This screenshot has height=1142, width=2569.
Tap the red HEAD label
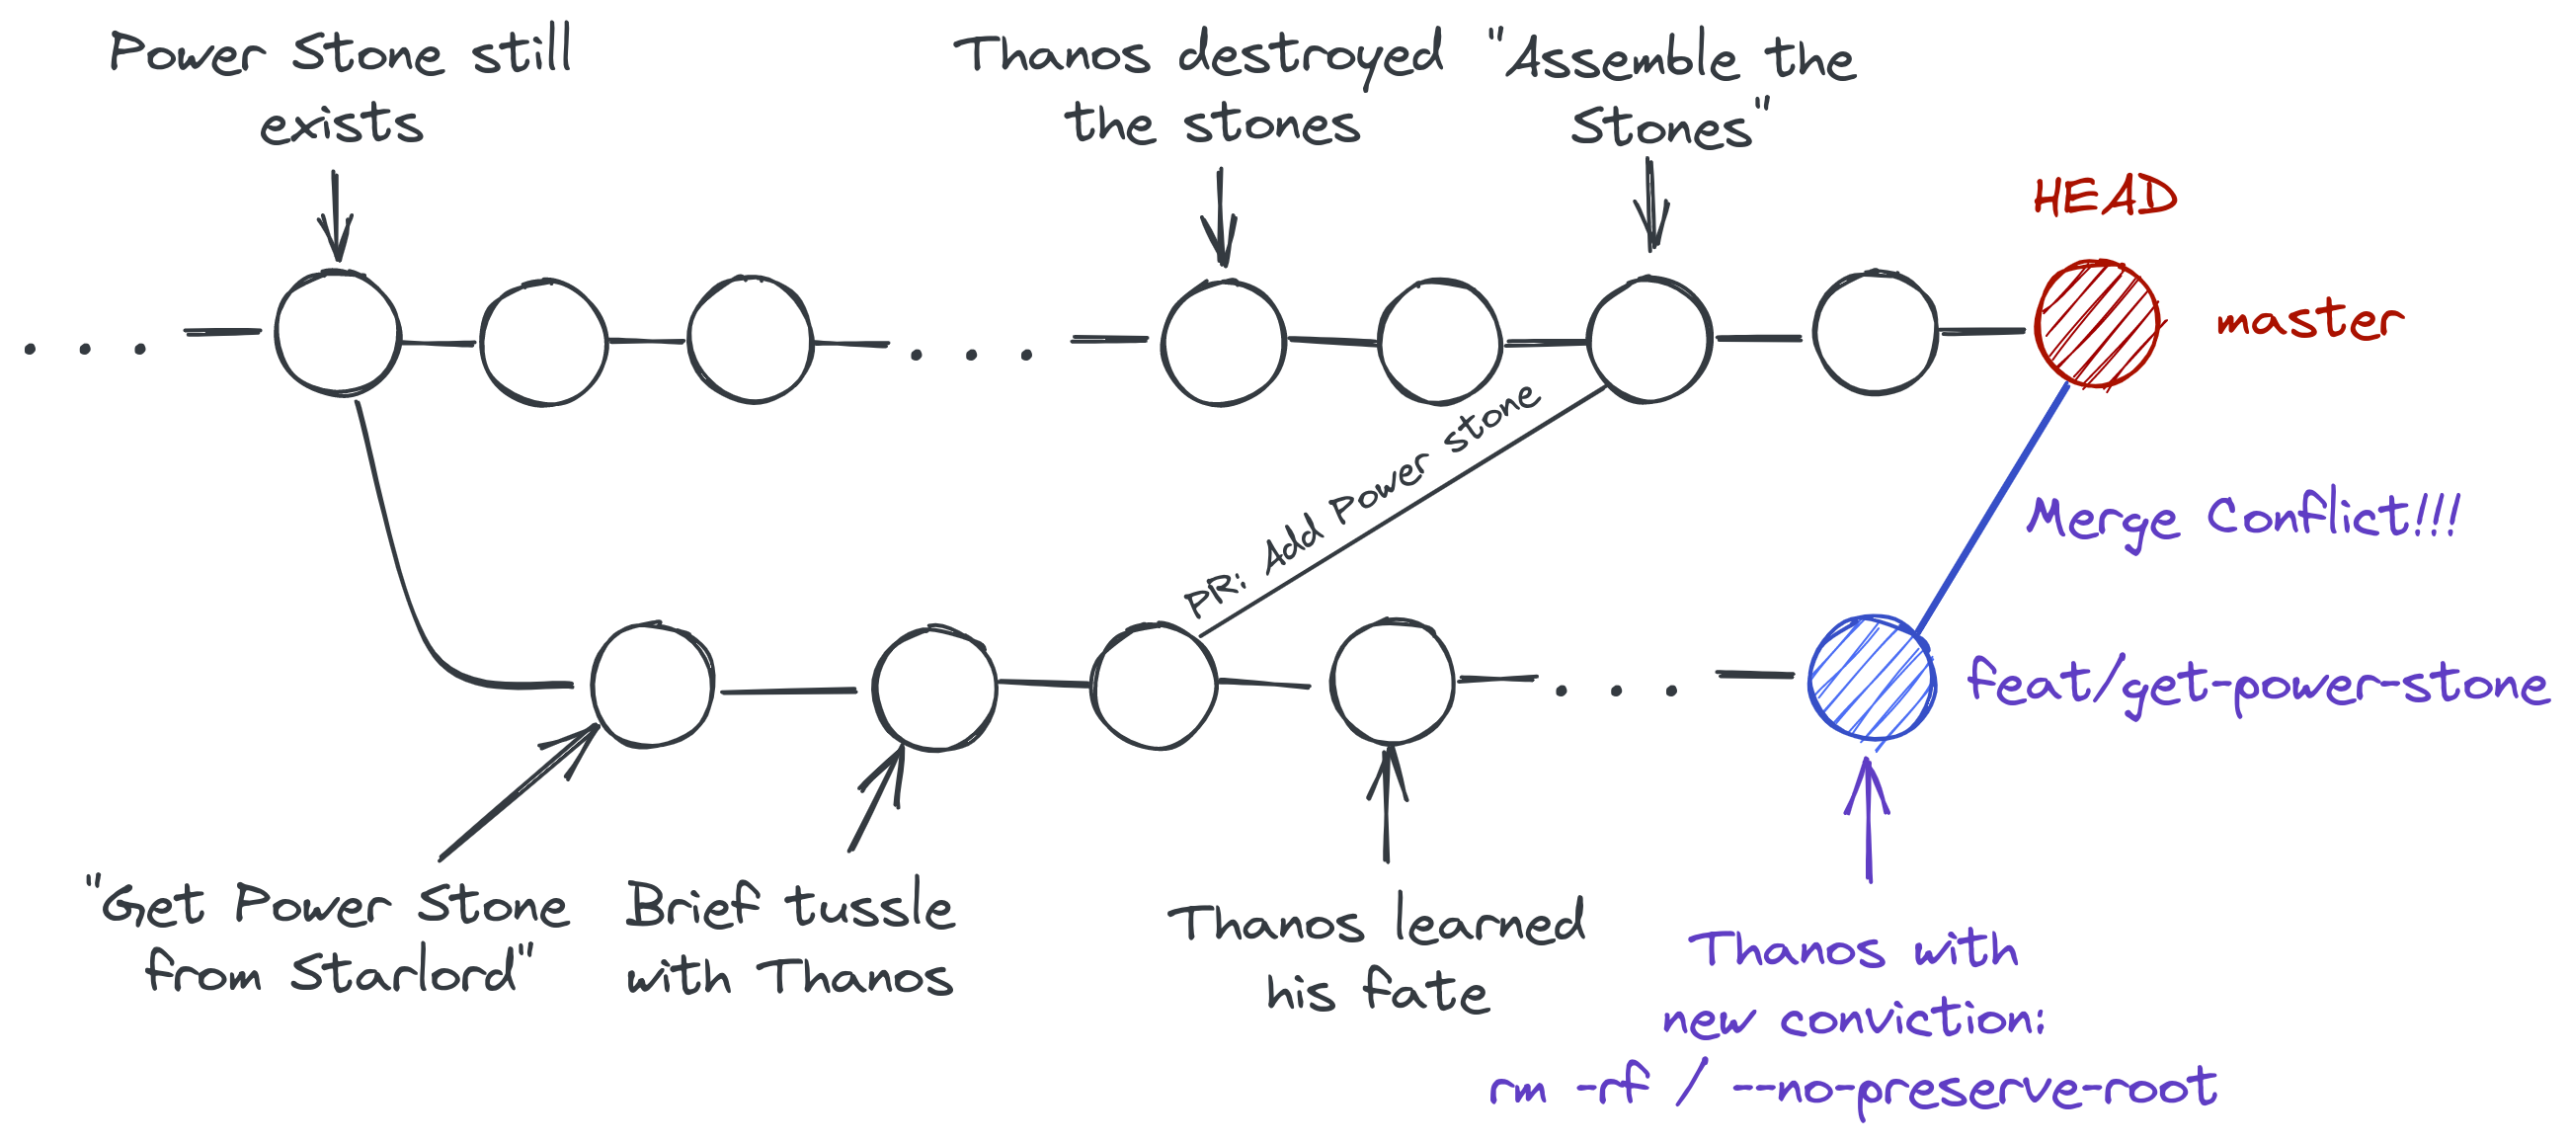click(2105, 197)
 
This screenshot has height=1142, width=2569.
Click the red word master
click(2309, 320)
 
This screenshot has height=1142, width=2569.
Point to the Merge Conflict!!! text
click(2244, 519)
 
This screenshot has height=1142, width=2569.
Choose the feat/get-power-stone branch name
click(2258, 686)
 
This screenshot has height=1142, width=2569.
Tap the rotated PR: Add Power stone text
click(1361, 501)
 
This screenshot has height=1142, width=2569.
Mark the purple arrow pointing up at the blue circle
click(1868, 820)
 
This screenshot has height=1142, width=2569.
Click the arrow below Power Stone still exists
click(336, 216)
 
